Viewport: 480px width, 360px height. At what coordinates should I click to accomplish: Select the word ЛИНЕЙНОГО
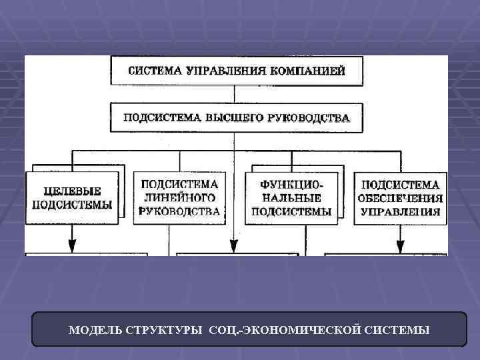179,197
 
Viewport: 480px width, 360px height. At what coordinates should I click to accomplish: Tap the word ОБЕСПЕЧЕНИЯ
399,198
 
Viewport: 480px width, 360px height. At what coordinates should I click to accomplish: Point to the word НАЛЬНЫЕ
291,197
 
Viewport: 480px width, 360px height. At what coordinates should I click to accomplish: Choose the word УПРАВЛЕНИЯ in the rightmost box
400,212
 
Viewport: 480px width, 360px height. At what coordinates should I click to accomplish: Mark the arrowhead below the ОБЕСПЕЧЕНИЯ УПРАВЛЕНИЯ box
401,245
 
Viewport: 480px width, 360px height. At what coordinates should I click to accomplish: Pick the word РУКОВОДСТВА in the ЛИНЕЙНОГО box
179,212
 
